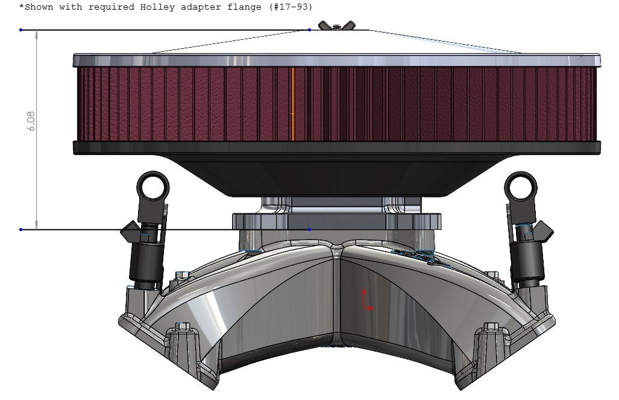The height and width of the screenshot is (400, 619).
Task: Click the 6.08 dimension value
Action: coord(31,122)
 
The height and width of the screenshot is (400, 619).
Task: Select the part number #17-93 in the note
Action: coord(291,7)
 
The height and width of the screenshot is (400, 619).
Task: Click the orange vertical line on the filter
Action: coord(292,104)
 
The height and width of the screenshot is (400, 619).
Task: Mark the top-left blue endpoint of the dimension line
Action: coord(21,30)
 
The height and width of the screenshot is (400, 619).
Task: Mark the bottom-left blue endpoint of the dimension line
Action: coord(21,229)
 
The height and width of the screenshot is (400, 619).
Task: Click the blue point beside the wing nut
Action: coord(310,30)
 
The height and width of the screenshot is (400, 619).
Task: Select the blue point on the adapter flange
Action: coord(310,229)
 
